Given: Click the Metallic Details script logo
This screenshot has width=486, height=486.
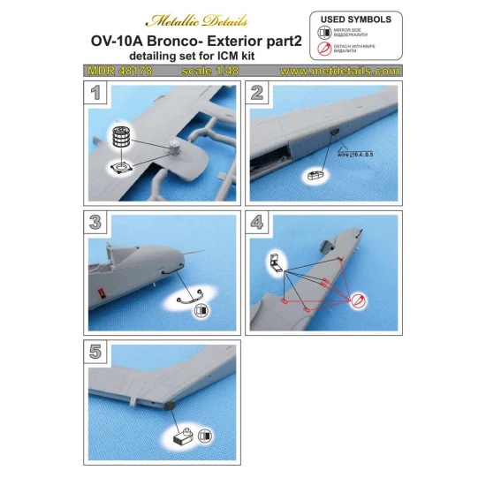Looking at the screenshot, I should point(197,19).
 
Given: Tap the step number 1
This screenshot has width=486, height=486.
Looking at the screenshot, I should point(97,92).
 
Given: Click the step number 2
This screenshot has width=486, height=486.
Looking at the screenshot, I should point(257,92).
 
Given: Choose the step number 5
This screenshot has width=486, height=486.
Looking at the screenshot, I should point(97,350).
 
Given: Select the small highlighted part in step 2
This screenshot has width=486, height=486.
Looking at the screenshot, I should point(313,177).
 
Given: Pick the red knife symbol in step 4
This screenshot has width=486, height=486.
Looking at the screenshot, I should point(357,304).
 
